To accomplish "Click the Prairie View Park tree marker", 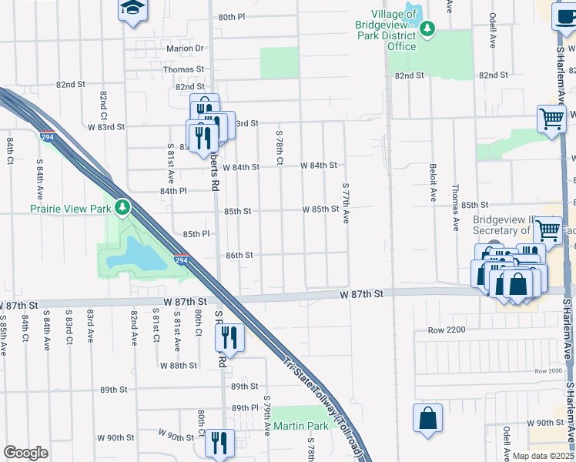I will (x=122, y=207).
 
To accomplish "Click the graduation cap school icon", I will (x=132, y=8).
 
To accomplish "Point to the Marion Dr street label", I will (x=185, y=48).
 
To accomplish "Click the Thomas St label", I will (x=183, y=69).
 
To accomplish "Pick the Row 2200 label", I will (x=448, y=330).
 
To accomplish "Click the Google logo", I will (x=25, y=453).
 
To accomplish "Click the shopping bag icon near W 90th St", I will (x=428, y=417).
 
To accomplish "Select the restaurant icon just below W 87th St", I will (x=229, y=336).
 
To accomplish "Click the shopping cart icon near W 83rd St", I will (x=552, y=119).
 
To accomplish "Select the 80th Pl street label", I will (x=231, y=16).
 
